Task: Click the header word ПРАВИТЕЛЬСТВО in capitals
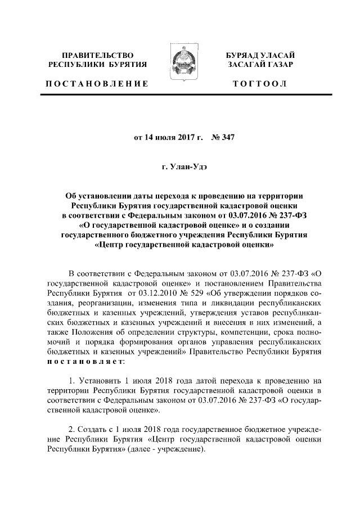point(98,56)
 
